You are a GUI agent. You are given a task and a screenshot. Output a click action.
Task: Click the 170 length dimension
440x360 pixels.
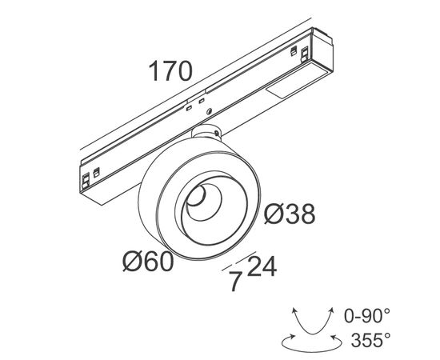tap(170, 71)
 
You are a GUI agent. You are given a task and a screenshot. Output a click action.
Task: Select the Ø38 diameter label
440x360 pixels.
tap(290, 214)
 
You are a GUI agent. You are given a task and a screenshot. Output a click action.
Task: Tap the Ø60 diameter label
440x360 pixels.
tap(148, 262)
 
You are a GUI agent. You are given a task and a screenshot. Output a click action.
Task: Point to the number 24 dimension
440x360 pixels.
tap(262, 266)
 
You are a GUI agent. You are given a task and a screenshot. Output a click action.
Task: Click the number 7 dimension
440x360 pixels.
tap(235, 281)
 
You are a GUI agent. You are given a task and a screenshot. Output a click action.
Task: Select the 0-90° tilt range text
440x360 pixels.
tap(366, 315)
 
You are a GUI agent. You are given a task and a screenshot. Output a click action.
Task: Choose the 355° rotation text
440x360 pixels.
tap(370, 340)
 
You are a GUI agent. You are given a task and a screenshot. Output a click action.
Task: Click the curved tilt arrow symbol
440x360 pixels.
tap(313, 322)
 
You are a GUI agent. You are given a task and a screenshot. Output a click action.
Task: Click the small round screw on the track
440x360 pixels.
tap(209, 111)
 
